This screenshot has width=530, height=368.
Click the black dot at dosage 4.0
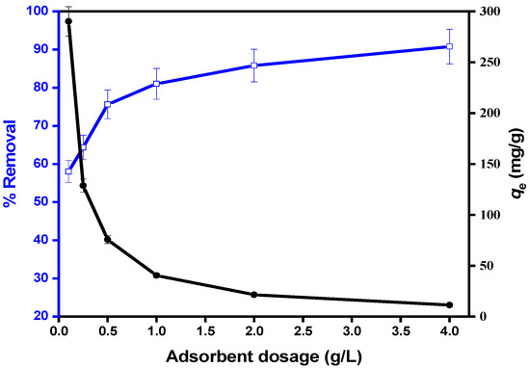(449, 305)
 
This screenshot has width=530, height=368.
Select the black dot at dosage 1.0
(156, 276)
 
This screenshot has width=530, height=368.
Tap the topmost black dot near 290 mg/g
(68, 21)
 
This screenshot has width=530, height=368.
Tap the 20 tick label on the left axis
(40, 316)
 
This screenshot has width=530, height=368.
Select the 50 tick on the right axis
(473, 266)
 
